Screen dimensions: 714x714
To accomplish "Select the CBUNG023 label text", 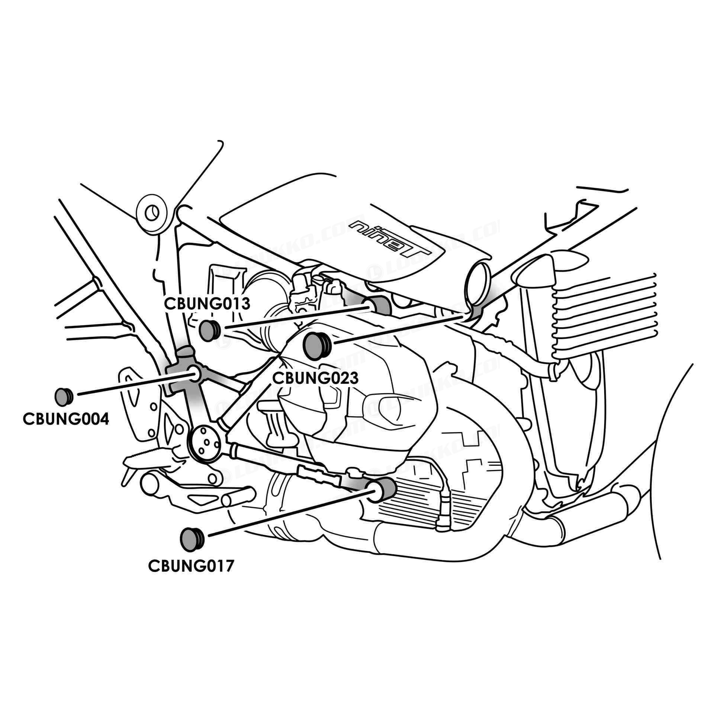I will point(315,378).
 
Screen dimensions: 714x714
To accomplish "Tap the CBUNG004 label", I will point(66,419).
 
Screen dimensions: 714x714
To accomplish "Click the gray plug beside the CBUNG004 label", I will point(64,397).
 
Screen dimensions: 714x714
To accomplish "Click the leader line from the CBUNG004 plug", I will point(134,384).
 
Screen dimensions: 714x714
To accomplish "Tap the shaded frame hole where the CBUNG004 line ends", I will point(194,373).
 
